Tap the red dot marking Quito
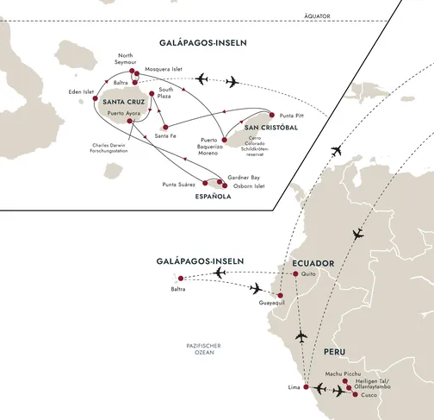(294, 274)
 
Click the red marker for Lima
(305, 387)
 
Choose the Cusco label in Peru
(367, 396)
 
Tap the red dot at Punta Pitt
(273, 114)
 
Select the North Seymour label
(127, 62)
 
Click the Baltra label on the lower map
(179, 290)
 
